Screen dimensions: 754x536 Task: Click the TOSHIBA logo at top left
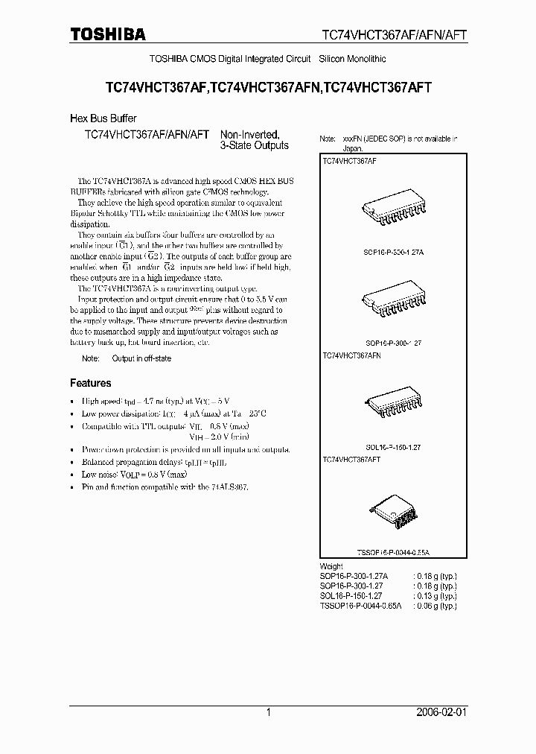(108, 34)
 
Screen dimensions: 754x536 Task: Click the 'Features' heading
(91, 383)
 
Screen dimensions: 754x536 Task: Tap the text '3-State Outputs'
(254, 146)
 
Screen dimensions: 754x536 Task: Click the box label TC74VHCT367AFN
(352, 357)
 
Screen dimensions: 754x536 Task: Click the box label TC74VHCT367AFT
(351, 460)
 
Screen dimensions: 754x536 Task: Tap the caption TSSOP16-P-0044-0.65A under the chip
(394, 554)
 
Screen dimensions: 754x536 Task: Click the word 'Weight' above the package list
(331, 567)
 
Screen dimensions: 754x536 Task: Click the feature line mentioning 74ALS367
(165, 487)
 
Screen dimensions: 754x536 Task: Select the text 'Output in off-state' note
(141, 358)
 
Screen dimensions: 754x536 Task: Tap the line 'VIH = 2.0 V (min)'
(219, 437)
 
